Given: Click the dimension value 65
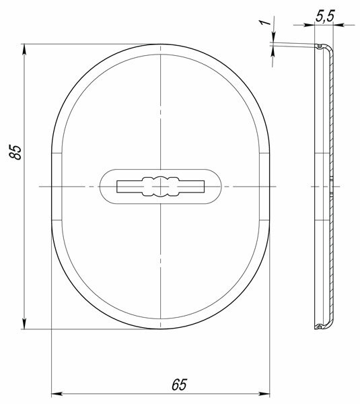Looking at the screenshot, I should tap(178, 384).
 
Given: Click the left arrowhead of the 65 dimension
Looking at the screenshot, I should tap(56, 392).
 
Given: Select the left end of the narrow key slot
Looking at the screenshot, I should tap(118, 185).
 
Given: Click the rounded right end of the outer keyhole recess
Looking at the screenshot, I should tap(220, 185).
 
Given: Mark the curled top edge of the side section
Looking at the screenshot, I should tap(322, 47).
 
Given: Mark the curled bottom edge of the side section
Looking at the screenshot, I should tap(322, 327).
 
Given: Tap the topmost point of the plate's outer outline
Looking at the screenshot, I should tap(161, 44).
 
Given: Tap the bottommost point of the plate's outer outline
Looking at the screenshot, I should tap(161, 330).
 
